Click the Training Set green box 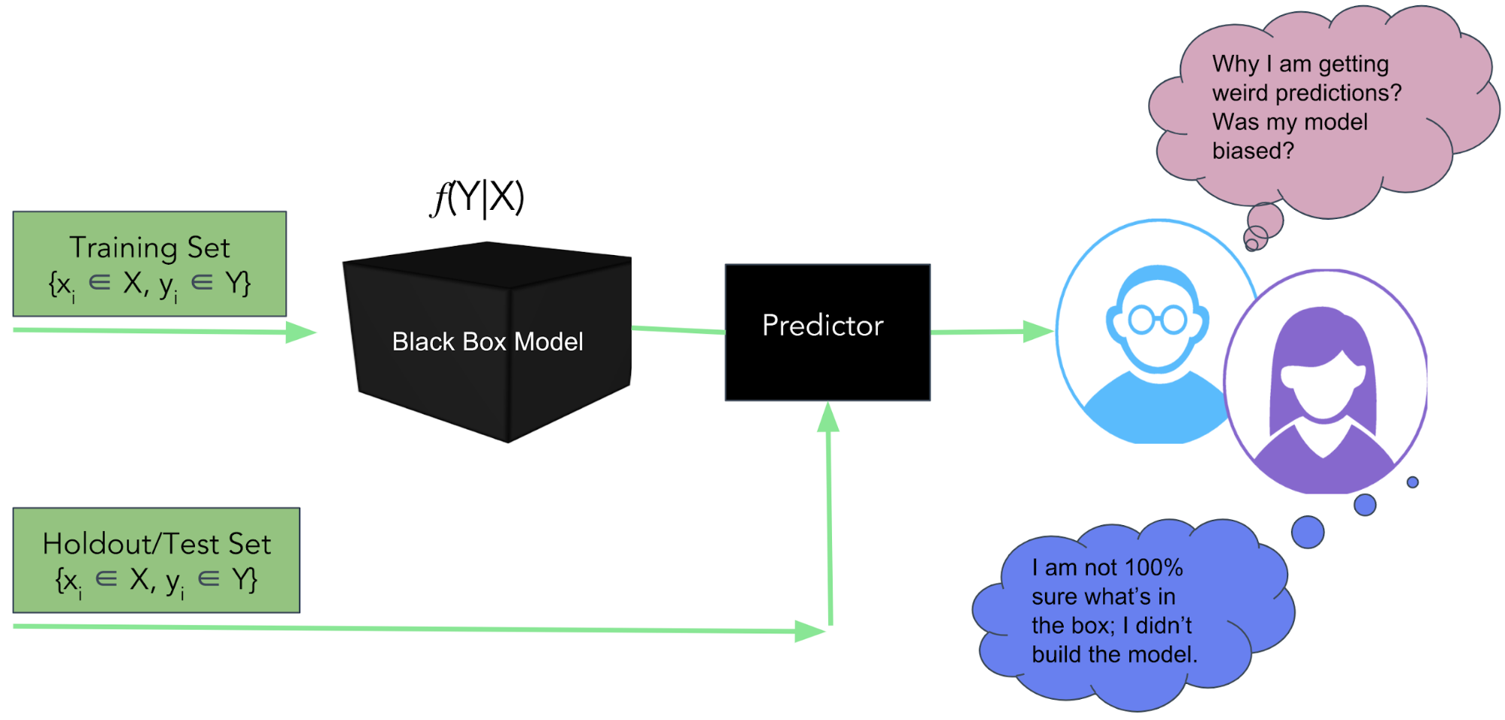point(149,263)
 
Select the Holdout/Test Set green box point(156,560)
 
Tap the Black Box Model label point(487,342)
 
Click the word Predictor point(822,325)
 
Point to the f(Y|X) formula point(477,198)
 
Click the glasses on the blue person point(1158,320)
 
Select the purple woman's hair point(1324,339)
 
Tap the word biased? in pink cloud point(1253,150)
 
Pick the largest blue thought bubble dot point(1308,532)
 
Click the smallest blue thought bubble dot point(1412,482)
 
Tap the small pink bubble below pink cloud point(1265,220)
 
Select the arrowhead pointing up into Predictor point(828,417)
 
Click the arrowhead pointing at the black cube point(300,332)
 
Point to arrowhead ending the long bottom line point(809,630)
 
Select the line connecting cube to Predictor point(678,330)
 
